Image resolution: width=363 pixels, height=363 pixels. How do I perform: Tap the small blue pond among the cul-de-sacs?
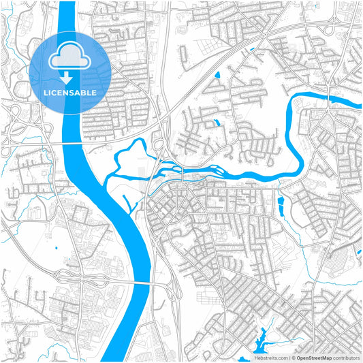tap(217, 123)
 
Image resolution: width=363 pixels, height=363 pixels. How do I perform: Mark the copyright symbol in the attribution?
tap(294, 357)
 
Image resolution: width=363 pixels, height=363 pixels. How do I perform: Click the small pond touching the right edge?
tap(359, 253)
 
